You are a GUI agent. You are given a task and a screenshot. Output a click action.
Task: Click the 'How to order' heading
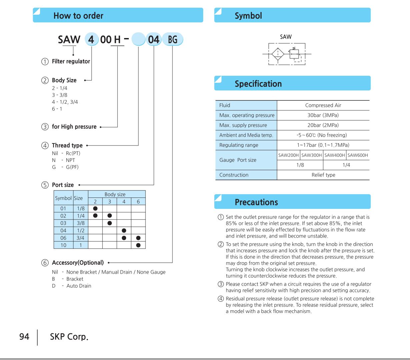(x=78, y=16)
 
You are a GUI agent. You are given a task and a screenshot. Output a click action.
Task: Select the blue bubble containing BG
(x=172, y=40)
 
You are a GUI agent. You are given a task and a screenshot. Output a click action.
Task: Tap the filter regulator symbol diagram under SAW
(x=287, y=54)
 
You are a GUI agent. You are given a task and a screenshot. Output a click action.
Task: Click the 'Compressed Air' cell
(x=323, y=105)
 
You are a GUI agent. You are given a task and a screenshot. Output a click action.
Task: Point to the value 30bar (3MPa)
(x=323, y=115)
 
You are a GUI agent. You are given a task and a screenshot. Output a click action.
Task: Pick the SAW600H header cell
(x=358, y=155)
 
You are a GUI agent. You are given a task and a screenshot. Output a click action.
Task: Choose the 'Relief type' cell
(x=323, y=175)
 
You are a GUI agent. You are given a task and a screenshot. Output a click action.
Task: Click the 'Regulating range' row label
(x=239, y=145)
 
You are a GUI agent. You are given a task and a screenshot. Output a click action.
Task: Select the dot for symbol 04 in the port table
(x=124, y=231)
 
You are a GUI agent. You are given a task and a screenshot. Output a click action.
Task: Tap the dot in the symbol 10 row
(x=138, y=245)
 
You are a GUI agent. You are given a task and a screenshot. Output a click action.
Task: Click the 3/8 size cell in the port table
(x=81, y=223)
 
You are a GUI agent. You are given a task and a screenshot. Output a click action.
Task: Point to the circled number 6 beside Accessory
(x=45, y=263)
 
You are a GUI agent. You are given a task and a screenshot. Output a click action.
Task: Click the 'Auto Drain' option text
(x=79, y=286)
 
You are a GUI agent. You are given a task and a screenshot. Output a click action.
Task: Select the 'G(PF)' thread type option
(x=72, y=167)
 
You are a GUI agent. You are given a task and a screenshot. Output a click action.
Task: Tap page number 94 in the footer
(x=24, y=337)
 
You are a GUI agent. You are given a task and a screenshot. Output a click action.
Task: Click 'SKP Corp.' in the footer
(x=69, y=337)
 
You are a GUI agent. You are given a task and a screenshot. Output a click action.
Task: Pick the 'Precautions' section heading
(x=256, y=202)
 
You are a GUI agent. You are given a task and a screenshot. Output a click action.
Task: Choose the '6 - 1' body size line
(x=57, y=109)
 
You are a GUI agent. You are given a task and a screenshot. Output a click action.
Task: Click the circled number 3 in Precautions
(x=221, y=284)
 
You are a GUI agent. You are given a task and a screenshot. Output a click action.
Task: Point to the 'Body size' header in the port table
(x=115, y=194)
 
